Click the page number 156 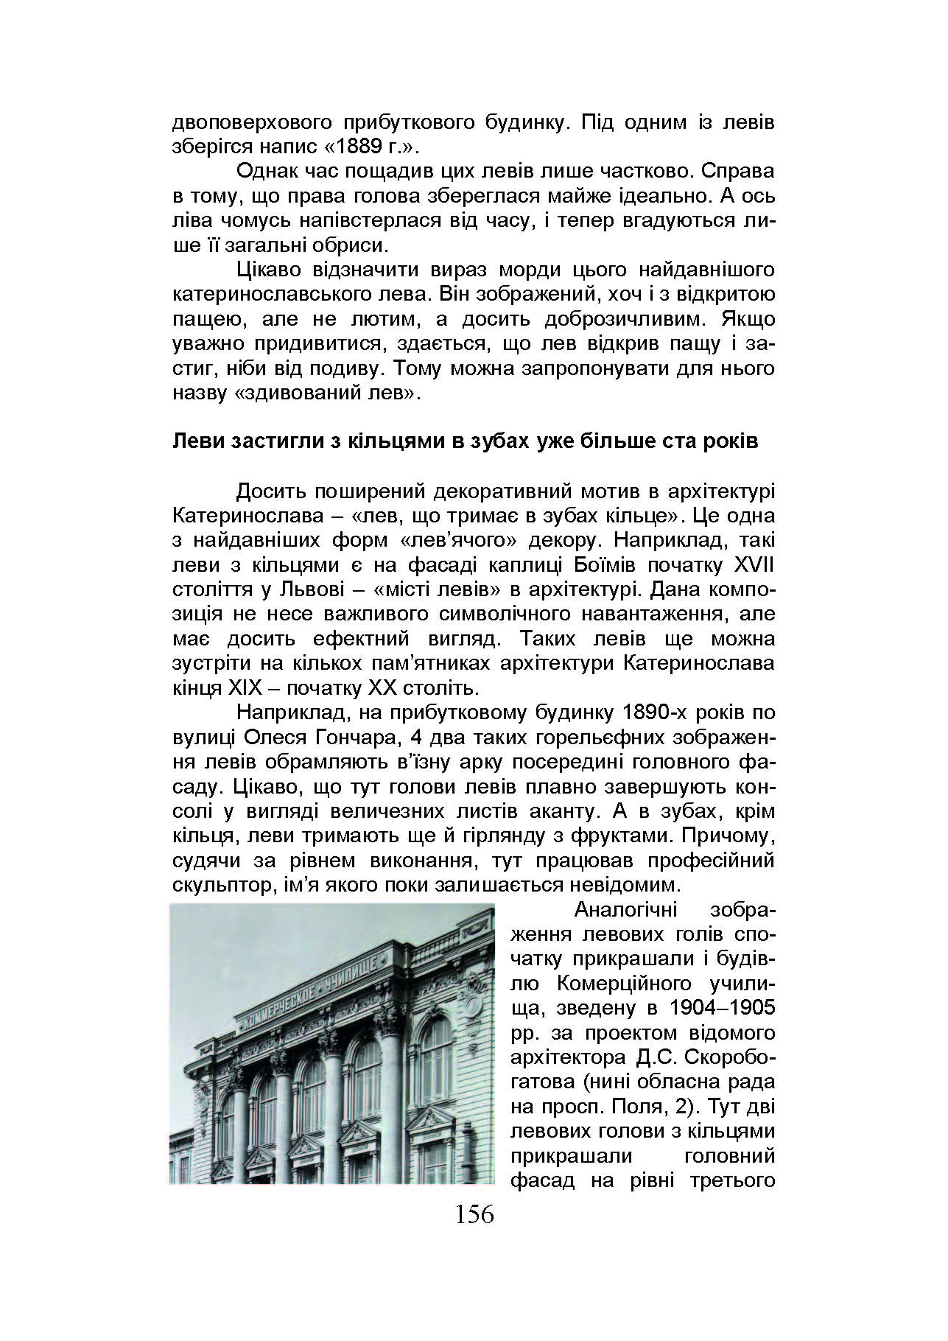click(474, 1214)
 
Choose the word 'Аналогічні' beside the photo click(622, 910)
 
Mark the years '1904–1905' click(723, 1008)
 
